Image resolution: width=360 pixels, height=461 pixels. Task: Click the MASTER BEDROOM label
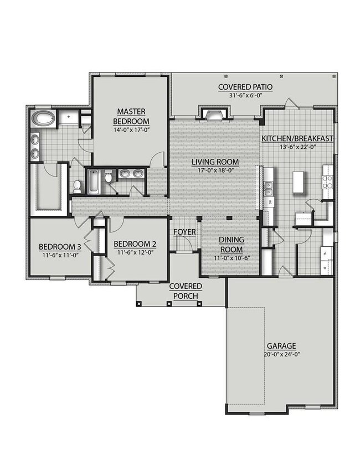[x=131, y=116]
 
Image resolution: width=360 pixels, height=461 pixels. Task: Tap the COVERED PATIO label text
[x=245, y=87]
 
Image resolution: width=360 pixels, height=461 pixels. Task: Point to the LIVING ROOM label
[x=215, y=162]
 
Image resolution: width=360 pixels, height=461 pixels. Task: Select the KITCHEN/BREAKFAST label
[x=297, y=138]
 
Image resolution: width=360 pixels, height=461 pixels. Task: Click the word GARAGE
[x=281, y=346]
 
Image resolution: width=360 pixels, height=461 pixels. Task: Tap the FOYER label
[x=184, y=232]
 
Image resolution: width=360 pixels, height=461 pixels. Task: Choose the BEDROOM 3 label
[x=60, y=246]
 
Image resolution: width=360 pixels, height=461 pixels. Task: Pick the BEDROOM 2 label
[x=135, y=244]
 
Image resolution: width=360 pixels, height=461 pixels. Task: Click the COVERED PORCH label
[x=186, y=291]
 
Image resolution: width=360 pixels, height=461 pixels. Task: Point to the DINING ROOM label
[x=232, y=245]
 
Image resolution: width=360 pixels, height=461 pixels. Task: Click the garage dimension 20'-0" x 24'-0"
[x=281, y=354]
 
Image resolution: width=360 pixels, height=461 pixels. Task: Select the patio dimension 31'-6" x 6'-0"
[x=245, y=95]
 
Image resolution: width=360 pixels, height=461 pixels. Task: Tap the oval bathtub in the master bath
[x=43, y=118]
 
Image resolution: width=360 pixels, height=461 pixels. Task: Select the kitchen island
[x=298, y=182]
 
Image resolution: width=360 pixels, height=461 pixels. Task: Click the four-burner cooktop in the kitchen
[x=328, y=182]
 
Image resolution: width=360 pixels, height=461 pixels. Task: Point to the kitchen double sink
[x=269, y=189]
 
